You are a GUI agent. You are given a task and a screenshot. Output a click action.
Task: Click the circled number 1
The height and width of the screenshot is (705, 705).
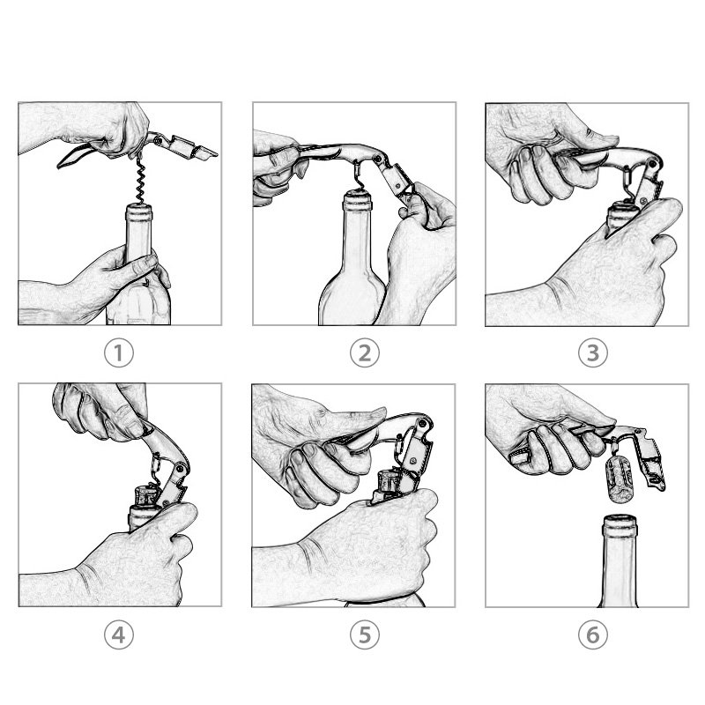coord(119,353)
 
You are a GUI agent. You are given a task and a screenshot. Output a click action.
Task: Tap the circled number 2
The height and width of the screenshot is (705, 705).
coord(365,353)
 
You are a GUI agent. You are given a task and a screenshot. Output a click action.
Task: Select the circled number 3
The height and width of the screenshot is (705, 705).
coord(592,353)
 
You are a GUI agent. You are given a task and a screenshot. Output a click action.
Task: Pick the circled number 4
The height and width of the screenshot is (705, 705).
coord(119,634)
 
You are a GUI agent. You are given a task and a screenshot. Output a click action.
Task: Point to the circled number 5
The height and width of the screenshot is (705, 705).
coord(365,634)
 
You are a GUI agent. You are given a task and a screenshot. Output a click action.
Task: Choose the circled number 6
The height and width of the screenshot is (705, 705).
coord(592,634)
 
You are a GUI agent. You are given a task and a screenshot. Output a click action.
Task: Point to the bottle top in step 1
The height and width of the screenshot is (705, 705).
coord(138,212)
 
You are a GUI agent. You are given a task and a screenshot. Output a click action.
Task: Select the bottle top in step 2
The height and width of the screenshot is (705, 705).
coord(358,201)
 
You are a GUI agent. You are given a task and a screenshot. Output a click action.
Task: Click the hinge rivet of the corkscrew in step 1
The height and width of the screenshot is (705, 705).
coord(158,141)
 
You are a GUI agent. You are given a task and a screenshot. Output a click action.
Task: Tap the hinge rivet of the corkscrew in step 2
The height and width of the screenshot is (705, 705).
coord(378,159)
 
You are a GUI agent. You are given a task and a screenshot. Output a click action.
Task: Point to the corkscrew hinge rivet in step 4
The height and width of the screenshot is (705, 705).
coord(181,469)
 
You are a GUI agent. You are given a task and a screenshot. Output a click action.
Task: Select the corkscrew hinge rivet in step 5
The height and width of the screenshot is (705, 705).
coord(422,423)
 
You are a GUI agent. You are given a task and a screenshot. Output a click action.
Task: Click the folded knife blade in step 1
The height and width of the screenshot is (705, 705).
coord(74,156)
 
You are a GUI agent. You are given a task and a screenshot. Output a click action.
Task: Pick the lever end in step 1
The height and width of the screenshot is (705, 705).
coord(208,153)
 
